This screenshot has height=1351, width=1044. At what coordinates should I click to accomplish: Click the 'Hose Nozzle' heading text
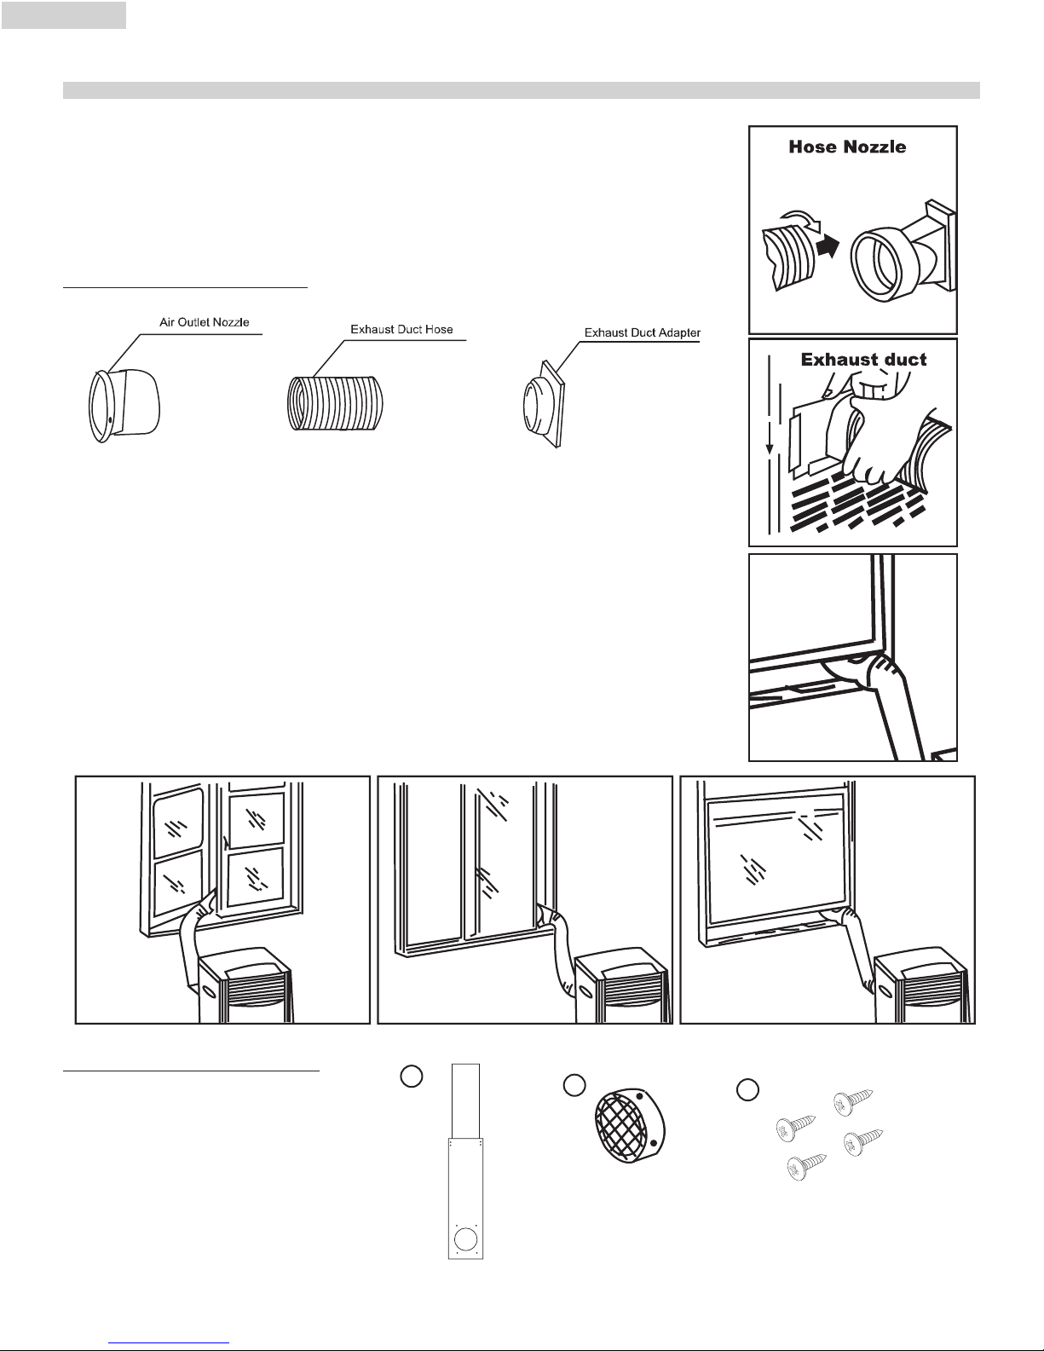(847, 147)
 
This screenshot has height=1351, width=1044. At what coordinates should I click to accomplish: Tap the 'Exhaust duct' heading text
(863, 360)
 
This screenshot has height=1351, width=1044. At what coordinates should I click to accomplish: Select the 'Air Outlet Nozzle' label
(205, 322)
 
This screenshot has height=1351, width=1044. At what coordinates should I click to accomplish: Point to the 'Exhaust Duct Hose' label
(401, 329)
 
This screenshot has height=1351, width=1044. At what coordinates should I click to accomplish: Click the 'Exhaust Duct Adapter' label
(643, 332)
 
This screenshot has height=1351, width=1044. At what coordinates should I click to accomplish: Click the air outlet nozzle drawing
(124, 406)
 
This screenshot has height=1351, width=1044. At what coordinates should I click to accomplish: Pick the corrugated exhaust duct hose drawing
(335, 403)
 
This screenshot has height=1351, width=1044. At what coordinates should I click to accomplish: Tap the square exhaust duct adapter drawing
(545, 404)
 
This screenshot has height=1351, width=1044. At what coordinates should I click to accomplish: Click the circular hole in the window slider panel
(465, 1239)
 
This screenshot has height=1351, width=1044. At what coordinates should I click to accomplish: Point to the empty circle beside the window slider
(412, 1077)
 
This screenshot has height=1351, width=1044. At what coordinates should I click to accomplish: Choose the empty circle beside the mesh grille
(574, 1086)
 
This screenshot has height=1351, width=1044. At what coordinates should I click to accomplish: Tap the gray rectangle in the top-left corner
(64, 15)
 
